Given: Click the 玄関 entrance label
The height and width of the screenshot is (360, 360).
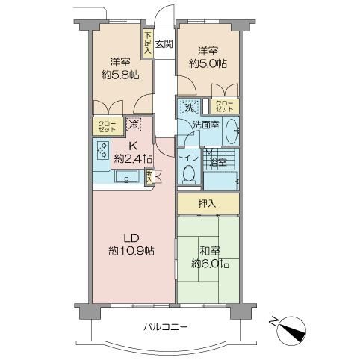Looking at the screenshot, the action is click(164, 44).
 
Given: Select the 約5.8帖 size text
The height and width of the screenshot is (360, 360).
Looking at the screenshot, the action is click(120, 75).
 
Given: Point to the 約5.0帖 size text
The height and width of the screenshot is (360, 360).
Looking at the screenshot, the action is click(208, 64).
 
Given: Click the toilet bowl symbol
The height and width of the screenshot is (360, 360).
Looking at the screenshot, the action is click(189, 173).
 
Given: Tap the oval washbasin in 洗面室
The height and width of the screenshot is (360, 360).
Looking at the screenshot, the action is click(232, 131).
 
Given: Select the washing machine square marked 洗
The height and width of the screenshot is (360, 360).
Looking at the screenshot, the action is click(190, 107).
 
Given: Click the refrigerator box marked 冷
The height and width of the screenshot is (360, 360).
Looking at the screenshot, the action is click(134, 124).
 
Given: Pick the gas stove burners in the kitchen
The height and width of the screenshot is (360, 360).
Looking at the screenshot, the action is click(103, 150).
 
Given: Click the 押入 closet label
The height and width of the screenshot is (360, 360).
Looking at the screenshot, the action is click(207, 204).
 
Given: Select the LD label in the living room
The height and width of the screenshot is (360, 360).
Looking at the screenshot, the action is click(131, 238).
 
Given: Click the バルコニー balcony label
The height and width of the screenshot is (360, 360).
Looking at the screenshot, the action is click(165, 326).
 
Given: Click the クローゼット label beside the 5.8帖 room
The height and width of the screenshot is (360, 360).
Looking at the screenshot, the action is click(107, 126).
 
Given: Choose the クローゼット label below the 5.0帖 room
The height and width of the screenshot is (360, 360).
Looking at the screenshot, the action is click(225, 106).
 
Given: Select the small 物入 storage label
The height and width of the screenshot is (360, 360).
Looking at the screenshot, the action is click(149, 176).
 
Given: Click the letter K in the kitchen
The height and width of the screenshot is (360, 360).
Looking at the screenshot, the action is click(133, 146).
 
